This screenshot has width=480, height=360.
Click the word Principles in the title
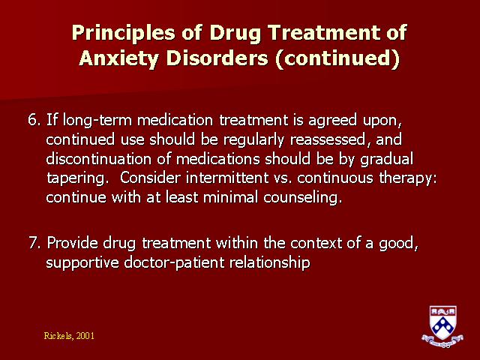[x=123, y=33]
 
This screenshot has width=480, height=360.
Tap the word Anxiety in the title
[x=118, y=58]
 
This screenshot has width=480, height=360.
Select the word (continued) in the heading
[x=337, y=58]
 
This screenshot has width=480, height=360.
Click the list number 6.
[x=34, y=120]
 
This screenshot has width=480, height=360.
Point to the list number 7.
[x=34, y=243]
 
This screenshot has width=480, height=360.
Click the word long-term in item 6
[x=97, y=120]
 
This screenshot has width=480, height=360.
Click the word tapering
[x=77, y=178]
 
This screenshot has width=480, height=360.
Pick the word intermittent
[x=227, y=178]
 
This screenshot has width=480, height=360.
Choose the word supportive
[x=82, y=263]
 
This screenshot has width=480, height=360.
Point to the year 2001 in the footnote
[x=85, y=336]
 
